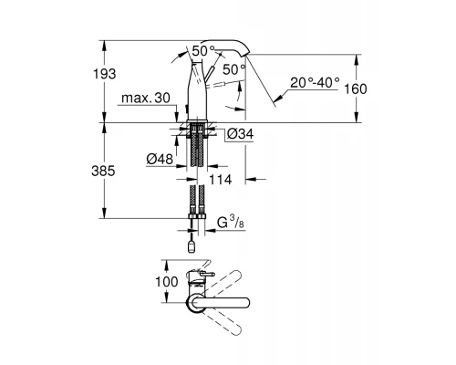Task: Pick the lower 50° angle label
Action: (234, 69)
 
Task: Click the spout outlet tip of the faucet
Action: (248, 57)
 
